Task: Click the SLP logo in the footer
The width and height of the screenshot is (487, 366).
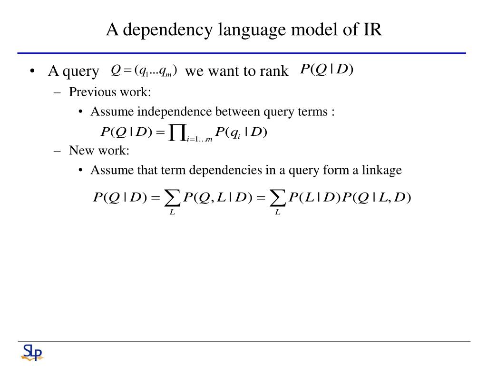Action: click(32, 353)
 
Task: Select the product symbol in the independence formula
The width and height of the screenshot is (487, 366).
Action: click(177, 132)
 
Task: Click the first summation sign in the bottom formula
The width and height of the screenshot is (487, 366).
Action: click(173, 197)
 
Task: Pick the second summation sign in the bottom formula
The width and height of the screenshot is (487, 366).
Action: click(278, 197)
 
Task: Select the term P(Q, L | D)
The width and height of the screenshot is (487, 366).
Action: click(217, 197)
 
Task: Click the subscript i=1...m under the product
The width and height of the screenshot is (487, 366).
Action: click(200, 139)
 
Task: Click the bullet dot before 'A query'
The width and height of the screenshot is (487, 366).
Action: click(32, 71)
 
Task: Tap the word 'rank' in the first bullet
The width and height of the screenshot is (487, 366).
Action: click(274, 71)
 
